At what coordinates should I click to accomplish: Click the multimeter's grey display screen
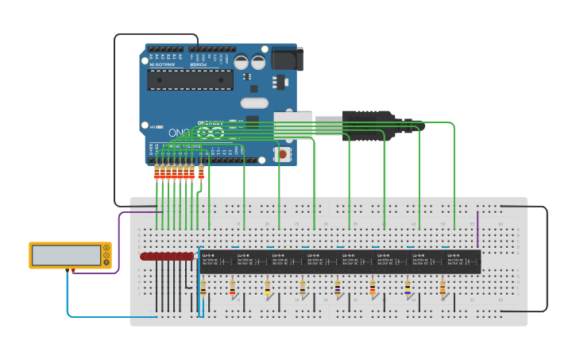click(66, 255)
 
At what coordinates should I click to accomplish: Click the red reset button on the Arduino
click(281, 153)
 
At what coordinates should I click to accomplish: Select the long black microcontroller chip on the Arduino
click(190, 79)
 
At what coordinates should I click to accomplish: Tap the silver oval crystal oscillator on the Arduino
click(254, 103)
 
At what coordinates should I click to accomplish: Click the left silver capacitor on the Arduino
click(241, 62)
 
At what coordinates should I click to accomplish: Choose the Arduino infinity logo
click(211, 133)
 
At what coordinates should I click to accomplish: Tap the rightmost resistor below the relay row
click(443, 288)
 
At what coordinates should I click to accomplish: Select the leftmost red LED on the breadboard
click(145, 257)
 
